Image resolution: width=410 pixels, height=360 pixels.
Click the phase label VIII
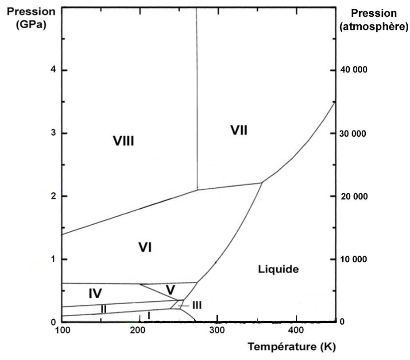pos(123,142)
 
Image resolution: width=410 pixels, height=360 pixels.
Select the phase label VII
pos(239,130)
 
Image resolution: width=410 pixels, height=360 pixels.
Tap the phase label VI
pos(145,248)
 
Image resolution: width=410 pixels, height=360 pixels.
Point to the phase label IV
pos(95,293)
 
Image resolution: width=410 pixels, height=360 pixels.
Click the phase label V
pos(170,290)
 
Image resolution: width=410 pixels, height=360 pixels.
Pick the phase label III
pos(197,305)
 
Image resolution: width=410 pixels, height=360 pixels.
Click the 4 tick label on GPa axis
pos(52,70)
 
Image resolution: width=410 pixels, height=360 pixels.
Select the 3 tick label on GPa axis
pos(52,134)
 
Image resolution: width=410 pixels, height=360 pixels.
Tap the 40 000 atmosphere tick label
pos(353,70)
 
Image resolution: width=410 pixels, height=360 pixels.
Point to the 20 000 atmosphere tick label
pos(353,196)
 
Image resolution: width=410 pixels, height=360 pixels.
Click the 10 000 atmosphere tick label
pos(353,259)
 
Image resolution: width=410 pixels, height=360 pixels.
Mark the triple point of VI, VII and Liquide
pos(262,182)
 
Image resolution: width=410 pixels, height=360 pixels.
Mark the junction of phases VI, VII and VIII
pos(197,189)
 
